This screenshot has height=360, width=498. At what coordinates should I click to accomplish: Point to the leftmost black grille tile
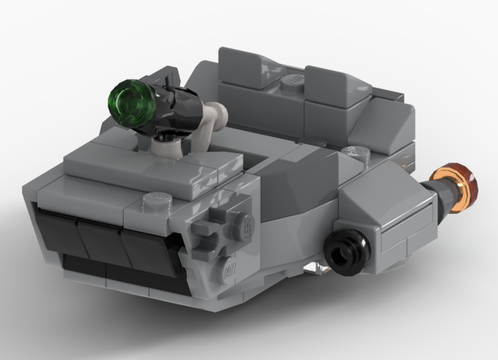(56, 232)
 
